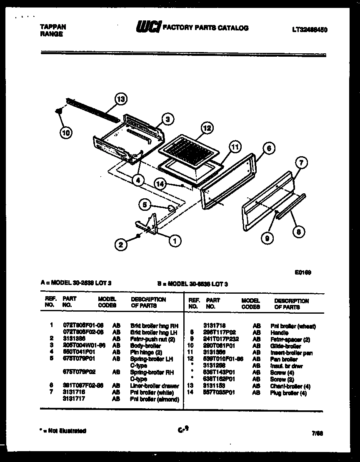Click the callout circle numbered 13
(120, 100)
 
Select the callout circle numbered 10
(65, 132)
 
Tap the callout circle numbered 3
(167, 119)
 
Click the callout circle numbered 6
(269, 147)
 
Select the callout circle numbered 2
(121, 245)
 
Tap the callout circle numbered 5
(144, 205)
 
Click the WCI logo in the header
(147, 27)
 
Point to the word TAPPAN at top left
(52, 27)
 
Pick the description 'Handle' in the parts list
(279, 333)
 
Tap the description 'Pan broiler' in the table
(284, 359)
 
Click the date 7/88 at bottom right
(317, 433)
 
